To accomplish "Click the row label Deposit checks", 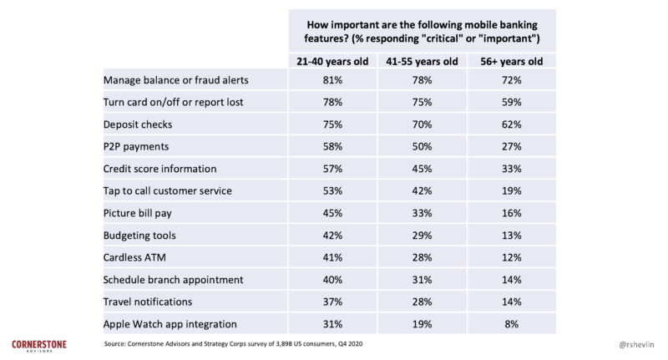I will coord(138,124).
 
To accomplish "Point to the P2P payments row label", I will coord(137,146).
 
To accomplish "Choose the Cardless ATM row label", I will coord(134,256).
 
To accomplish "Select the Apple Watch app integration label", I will coord(170,322).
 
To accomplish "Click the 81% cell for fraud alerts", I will coord(331,80).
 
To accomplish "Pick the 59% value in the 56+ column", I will coord(511,102).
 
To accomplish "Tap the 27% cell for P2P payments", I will coord(511,146).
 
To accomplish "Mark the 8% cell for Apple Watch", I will coord(511,322).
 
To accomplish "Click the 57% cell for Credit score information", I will coord(331,169).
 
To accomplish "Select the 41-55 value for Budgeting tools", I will coord(422,235).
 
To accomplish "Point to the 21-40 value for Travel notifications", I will coord(331,301).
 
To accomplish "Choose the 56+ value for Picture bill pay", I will coord(511,212).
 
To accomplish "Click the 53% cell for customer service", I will coord(331,190).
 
